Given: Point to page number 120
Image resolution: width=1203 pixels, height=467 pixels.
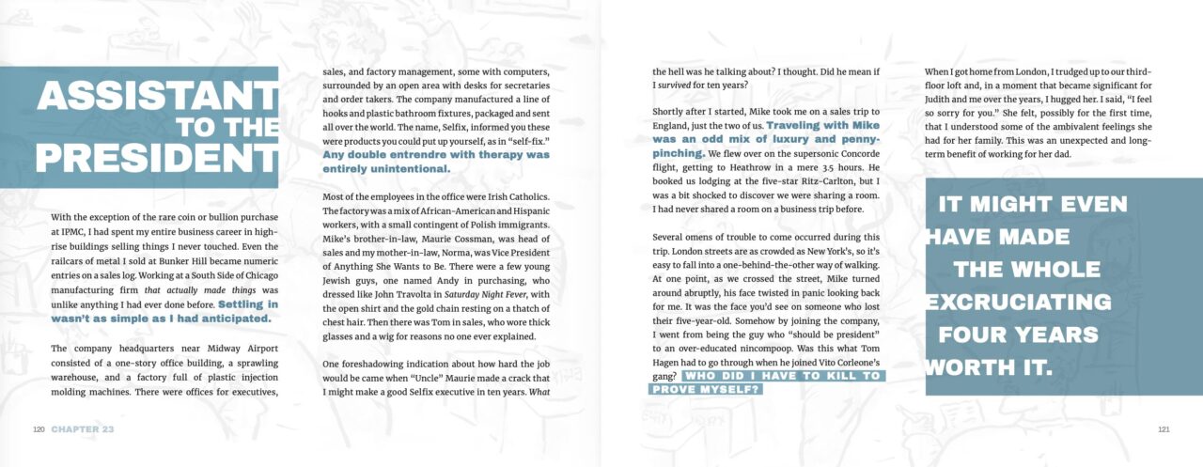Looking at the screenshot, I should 39,429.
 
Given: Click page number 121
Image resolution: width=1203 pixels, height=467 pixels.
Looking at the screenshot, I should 1163,429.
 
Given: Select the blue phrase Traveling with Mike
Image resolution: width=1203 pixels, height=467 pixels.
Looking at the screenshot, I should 823,125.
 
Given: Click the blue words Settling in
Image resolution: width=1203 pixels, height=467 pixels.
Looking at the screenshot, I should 248,304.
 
